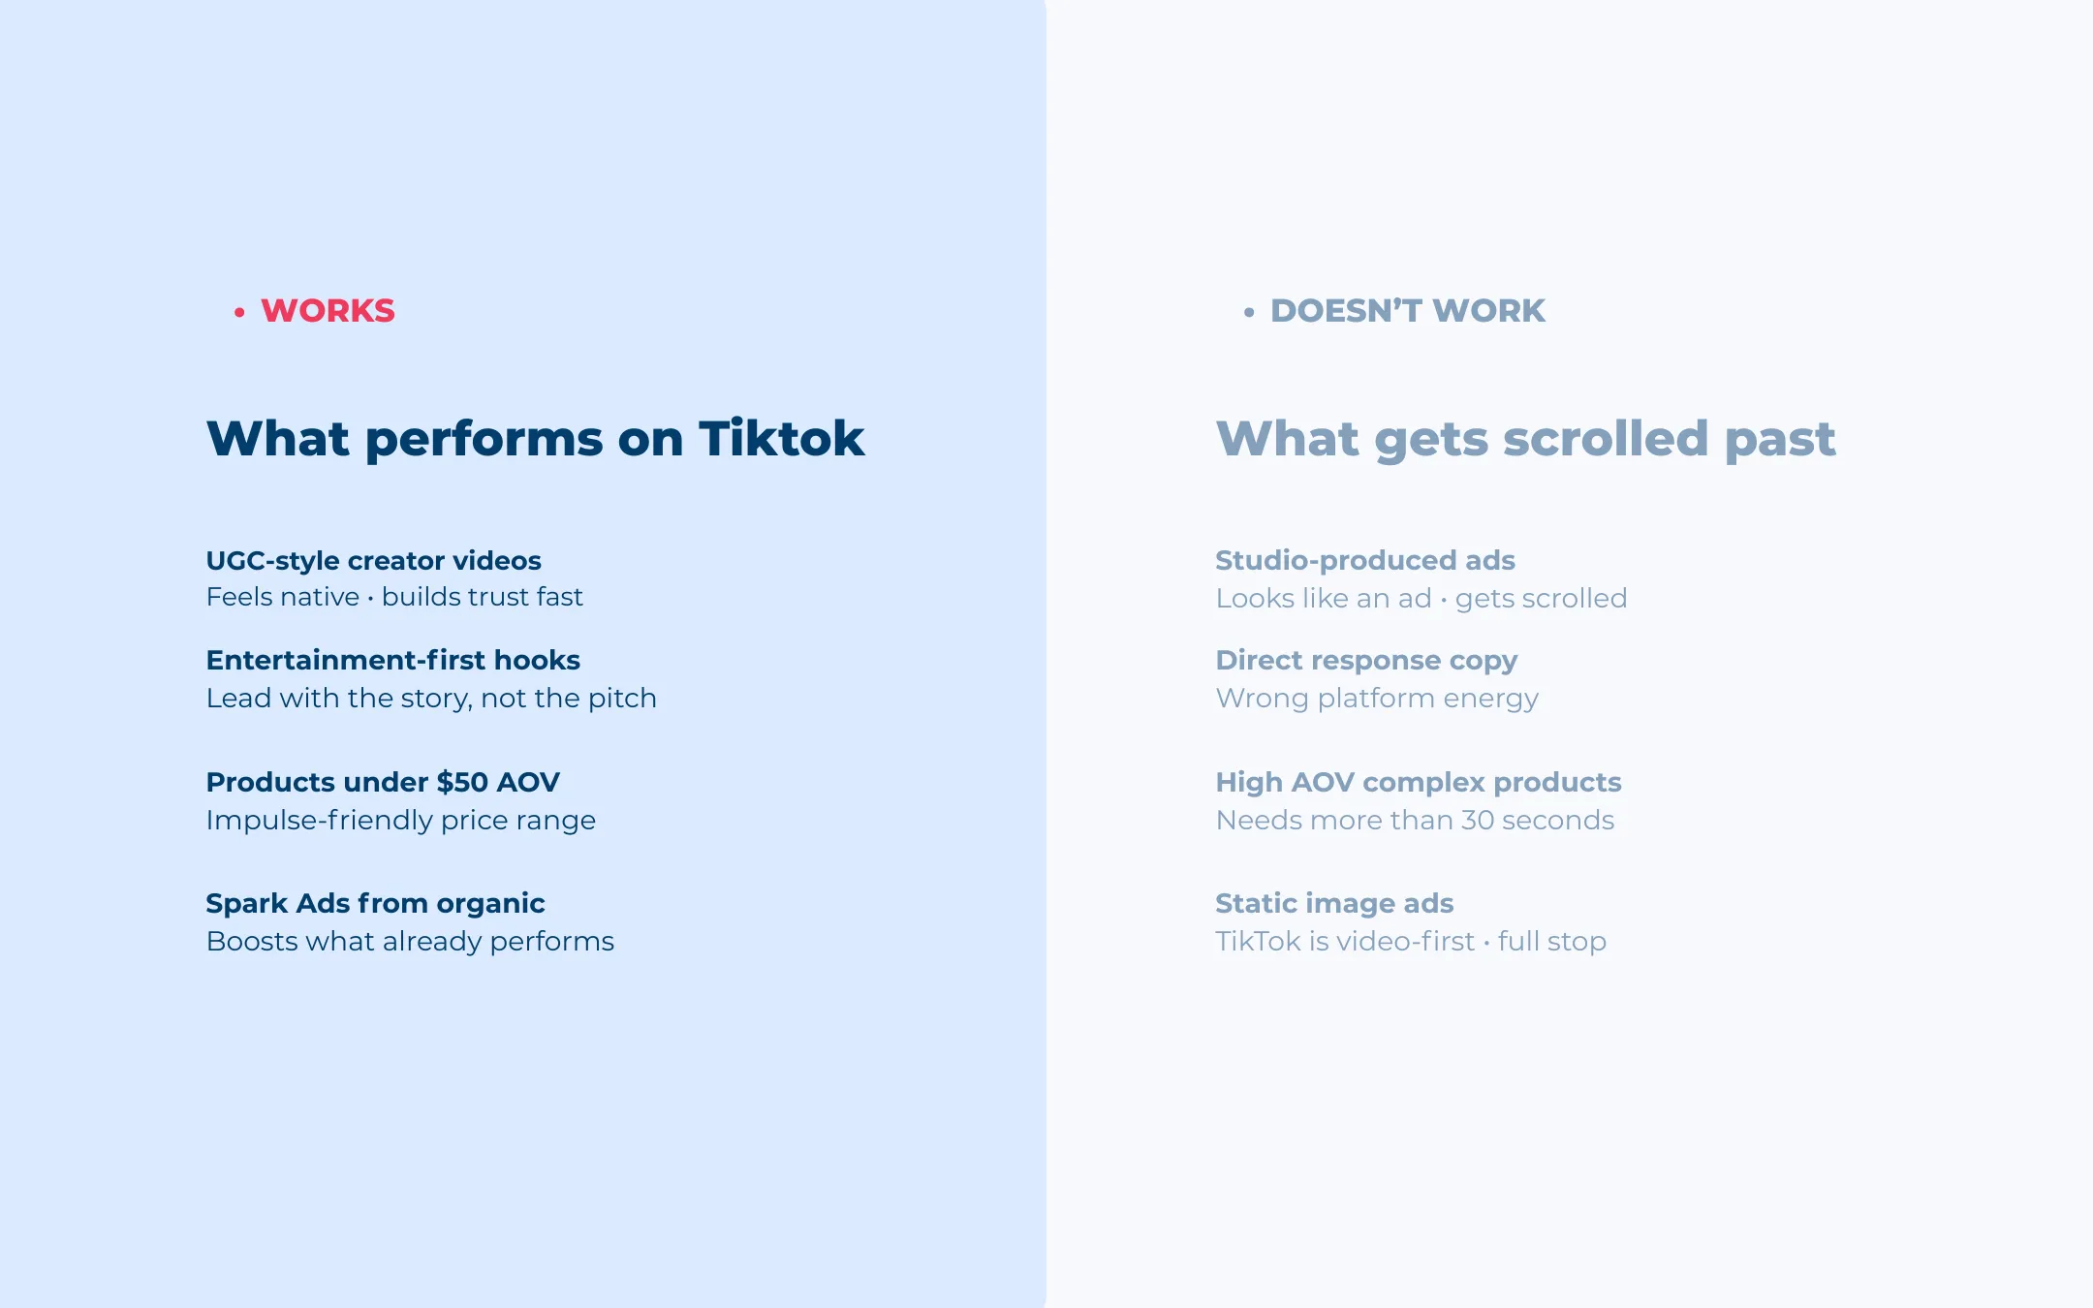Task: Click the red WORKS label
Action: tap(328, 311)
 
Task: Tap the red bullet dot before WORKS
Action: tap(239, 312)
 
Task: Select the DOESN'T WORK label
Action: tap(1407, 311)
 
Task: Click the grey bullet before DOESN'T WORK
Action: tap(1249, 312)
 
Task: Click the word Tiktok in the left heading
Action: tap(781, 438)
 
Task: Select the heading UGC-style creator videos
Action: tap(373, 561)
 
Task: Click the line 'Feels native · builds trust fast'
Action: tap(394, 597)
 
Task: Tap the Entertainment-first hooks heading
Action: tap(392, 661)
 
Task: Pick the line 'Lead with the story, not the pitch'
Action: tap(431, 699)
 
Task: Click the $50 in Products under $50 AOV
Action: tap(462, 782)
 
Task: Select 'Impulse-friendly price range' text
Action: tap(400, 821)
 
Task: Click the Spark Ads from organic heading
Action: tap(375, 904)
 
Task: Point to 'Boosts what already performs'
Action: tap(410, 942)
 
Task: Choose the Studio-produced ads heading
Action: tap(1364, 561)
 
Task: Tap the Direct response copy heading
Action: tap(1366, 661)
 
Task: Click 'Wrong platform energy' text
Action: tap(1376, 699)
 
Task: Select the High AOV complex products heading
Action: tap(1418, 782)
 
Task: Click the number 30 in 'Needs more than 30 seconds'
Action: tap(1478, 821)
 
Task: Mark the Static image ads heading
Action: tap(1334, 904)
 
